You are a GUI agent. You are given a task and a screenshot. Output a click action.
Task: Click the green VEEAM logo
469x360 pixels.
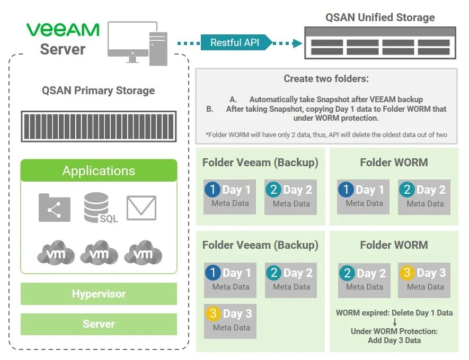63,29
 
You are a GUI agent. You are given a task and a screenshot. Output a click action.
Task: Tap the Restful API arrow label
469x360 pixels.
235,42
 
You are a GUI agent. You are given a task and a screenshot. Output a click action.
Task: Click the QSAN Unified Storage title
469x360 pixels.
380,17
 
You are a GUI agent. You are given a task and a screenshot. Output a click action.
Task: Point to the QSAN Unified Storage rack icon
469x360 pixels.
380,43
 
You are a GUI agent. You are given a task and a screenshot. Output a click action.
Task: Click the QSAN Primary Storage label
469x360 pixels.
99,90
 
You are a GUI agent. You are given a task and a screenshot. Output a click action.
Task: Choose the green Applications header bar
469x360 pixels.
99,170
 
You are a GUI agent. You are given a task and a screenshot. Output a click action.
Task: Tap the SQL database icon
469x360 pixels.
99,208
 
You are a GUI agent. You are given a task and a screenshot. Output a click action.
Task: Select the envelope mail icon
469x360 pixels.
141,208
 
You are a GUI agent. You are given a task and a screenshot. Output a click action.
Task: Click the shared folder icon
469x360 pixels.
54,208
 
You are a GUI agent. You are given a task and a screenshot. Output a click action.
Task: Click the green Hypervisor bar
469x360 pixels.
99,294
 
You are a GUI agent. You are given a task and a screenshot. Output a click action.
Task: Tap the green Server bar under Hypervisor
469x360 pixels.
99,324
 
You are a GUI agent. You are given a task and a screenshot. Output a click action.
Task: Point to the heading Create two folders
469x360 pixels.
326,79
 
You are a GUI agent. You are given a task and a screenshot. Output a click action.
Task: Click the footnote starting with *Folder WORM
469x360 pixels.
326,134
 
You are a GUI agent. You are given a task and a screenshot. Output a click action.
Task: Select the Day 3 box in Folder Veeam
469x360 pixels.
231,319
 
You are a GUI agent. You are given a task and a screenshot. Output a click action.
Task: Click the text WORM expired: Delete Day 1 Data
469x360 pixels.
394,313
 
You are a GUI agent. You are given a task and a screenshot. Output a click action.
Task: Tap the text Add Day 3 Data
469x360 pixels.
394,340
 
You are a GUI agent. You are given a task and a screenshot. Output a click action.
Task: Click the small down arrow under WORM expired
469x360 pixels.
394,322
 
